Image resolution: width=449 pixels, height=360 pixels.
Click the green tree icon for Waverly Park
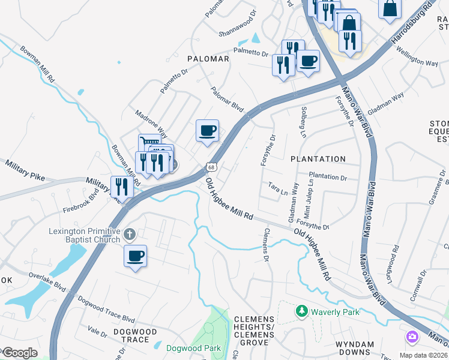pyautogui.click(x=301, y=311)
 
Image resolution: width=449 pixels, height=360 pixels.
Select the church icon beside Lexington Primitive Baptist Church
pyautogui.click(x=130, y=233)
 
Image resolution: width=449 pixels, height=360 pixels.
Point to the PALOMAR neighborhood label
pyautogui.click(x=208, y=59)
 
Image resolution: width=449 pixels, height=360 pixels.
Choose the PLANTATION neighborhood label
pyautogui.click(x=318, y=159)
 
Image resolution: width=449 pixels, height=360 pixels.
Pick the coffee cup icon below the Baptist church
pyautogui.click(x=135, y=256)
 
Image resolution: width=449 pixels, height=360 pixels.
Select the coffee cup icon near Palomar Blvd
pyautogui.click(x=208, y=130)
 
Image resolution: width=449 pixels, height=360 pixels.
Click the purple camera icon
pyautogui.click(x=412, y=337)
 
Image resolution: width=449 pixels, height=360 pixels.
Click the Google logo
pyautogui.click(x=20, y=353)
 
